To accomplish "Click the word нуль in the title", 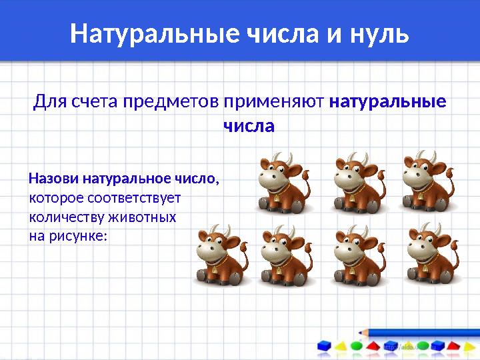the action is coord(379,33).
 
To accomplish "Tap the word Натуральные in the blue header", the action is coord(155,33).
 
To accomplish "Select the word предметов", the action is coord(171,102).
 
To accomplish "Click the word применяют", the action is coord(274,102).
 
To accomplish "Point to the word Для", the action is coord(50,101).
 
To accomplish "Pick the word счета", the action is coord(95,102).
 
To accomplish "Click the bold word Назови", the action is coord(53,178).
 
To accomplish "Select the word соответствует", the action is coord(134,198).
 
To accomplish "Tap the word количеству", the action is coord(67,218).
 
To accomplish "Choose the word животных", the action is coord(143,217).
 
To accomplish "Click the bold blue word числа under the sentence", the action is coord(249,127).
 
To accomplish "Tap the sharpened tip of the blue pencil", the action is coord(360,333).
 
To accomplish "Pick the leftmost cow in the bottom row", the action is coord(222,255).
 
